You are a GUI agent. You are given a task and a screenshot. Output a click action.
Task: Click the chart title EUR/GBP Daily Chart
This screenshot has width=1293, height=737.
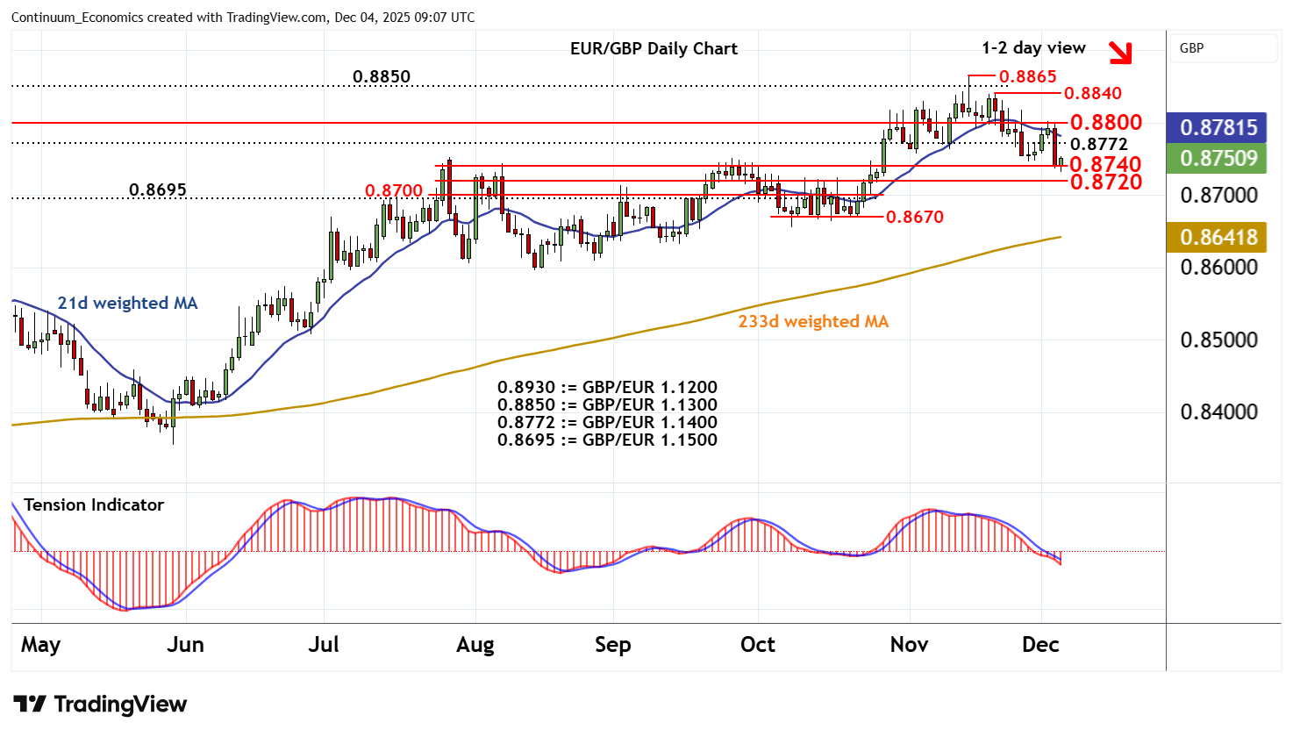[654, 49]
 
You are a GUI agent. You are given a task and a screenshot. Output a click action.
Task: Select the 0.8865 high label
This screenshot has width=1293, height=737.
[1027, 77]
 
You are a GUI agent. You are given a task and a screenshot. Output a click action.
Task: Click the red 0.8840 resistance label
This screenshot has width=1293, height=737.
[1092, 94]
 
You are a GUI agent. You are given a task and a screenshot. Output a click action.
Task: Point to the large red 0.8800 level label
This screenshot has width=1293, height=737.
[1105, 123]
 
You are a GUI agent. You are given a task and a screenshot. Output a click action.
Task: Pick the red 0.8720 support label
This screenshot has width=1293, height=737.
[1105, 182]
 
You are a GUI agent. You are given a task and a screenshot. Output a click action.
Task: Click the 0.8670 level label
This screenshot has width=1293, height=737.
[914, 217]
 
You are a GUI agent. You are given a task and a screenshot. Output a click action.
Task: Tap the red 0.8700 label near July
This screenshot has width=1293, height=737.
[394, 190]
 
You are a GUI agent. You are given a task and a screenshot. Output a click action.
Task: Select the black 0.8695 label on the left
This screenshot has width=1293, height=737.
[158, 190]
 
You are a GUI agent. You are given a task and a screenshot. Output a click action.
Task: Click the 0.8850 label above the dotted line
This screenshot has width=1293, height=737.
[382, 77]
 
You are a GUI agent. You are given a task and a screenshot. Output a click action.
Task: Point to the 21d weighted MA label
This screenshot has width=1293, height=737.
[127, 304]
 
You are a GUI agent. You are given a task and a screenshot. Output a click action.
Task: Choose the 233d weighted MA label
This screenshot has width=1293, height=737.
[813, 322]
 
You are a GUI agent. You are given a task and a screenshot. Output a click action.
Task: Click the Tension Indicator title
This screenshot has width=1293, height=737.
[94, 505]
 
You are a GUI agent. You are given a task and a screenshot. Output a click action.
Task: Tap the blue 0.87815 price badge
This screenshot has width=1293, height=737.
[1218, 128]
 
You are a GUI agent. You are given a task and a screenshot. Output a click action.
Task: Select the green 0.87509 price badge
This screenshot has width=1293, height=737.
[1218, 159]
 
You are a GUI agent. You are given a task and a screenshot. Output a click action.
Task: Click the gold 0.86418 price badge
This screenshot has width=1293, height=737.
[1218, 238]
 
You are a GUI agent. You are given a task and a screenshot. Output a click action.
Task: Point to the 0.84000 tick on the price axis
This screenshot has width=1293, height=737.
[1218, 412]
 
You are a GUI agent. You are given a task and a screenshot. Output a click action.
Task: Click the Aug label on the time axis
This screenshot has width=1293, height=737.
[475, 645]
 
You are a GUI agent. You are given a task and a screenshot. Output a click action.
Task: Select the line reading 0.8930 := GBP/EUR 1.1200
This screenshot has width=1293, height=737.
[607, 388]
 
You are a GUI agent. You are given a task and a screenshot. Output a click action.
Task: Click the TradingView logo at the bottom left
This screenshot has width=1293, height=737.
[100, 705]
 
